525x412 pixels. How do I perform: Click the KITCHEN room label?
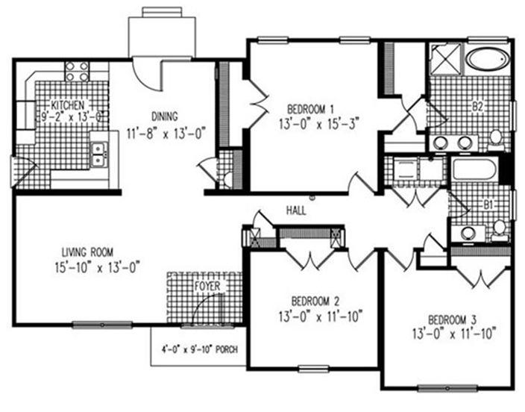pos(67,105)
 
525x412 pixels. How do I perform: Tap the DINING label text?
pos(164,116)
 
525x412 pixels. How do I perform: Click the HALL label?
pos(296,210)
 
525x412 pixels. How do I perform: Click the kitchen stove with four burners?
pos(77,71)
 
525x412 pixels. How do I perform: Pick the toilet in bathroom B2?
pos(496,139)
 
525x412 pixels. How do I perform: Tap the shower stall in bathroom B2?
pos(446,58)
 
